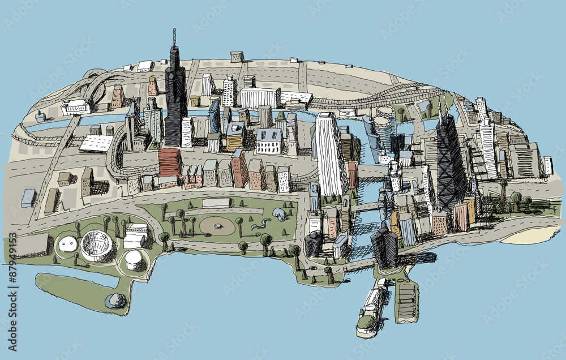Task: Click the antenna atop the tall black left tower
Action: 174,37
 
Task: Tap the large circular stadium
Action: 98,245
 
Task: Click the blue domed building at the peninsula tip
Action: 117,301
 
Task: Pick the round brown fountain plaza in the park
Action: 217,226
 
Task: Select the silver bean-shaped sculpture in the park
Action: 280,214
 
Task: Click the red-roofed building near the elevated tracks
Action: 170,162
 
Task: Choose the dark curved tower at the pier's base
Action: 384,246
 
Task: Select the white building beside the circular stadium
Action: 136,235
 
